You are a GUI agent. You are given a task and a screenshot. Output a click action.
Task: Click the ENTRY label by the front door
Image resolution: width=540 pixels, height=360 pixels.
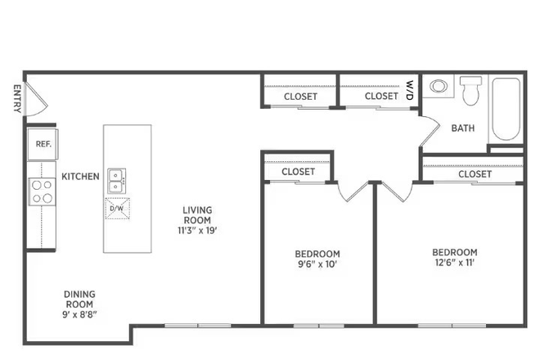[17, 98]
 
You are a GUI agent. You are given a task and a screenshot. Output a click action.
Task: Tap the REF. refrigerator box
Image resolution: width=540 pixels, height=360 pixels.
[43, 144]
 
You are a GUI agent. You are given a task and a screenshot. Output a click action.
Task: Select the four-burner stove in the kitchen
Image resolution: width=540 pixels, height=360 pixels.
[42, 191]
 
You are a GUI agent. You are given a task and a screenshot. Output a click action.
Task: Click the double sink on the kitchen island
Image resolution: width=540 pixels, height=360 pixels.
[116, 181]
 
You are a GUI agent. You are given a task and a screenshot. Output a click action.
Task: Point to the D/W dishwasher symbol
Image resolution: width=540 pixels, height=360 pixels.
[118, 209]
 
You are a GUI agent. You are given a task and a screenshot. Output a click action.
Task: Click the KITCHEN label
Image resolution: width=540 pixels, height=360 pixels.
[80, 177]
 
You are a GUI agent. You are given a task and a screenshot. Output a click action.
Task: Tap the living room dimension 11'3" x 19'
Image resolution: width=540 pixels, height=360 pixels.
[197, 231]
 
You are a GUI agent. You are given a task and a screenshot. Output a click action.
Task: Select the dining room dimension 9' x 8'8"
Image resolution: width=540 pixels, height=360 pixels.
[79, 314]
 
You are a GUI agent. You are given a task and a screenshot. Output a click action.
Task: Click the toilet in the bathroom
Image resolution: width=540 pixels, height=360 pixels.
[470, 90]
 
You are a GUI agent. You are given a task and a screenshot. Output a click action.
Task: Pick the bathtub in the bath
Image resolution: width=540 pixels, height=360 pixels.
[506, 109]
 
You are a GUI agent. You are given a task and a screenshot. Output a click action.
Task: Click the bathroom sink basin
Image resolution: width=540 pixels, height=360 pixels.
[439, 86]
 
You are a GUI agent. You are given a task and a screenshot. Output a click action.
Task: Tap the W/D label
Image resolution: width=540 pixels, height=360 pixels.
[409, 90]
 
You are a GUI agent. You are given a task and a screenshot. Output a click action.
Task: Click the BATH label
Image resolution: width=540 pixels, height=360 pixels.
[463, 128]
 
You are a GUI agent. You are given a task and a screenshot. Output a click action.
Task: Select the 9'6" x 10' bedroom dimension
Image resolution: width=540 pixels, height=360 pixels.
[317, 264]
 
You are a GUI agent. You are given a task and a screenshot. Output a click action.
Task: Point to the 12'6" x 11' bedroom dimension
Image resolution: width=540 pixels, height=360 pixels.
[455, 263]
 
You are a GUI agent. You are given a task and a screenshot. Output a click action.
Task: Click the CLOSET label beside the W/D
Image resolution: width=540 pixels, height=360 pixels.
[381, 96]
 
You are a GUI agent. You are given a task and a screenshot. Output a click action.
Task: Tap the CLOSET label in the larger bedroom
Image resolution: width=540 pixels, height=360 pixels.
[475, 174]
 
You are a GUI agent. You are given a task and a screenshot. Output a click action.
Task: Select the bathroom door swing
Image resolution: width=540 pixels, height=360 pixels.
[430, 129]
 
